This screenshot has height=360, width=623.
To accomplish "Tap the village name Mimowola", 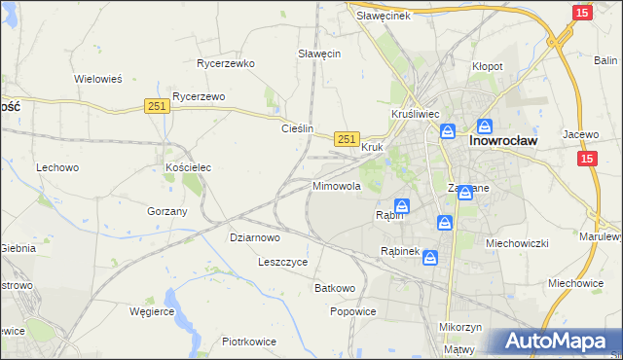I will coord(337,185).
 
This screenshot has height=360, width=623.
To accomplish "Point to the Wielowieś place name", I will coord(98,79).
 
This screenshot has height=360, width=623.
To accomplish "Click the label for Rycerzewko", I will coord(225,63).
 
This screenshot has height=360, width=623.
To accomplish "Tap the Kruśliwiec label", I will coord(416,114).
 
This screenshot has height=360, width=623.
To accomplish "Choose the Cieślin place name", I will coord(297,128).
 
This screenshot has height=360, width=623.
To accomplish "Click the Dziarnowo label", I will coord(255,236).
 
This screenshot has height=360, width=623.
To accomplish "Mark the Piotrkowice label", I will coord(249,342).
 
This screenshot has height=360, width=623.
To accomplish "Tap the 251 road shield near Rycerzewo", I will coord(157,106).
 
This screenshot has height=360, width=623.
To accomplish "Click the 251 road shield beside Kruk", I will coord(348,139).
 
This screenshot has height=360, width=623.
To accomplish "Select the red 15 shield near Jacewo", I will coord(586,158).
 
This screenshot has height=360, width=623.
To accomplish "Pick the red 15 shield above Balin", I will coord(581,13).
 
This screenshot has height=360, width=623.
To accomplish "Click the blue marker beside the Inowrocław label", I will coord(484,126).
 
